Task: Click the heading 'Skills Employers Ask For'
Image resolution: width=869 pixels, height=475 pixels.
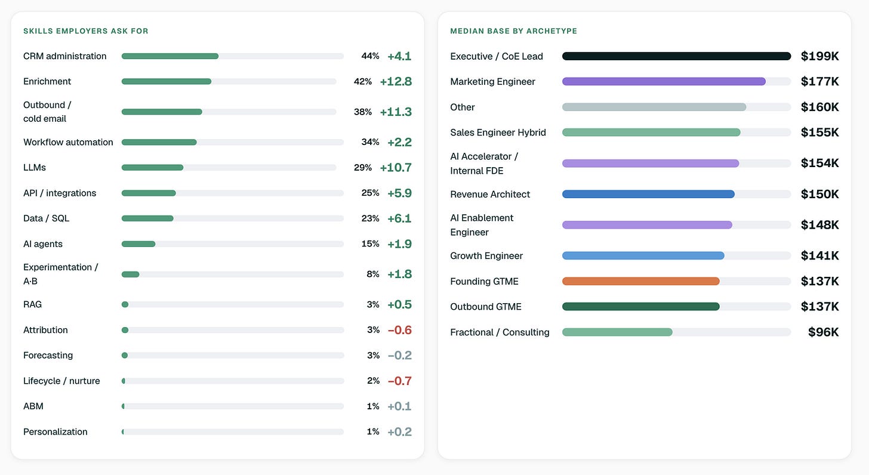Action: click(86, 31)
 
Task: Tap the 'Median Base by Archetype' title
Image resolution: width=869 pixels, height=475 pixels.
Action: click(514, 31)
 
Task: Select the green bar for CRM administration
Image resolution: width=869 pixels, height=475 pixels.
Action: click(170, 56)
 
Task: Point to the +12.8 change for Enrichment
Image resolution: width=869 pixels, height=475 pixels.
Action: click(396, 81)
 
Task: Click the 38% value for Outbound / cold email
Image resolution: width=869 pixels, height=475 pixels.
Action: click(363, 112)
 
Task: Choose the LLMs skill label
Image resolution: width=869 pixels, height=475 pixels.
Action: click(35, 168)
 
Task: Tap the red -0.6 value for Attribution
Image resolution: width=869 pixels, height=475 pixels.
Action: click(400, 330)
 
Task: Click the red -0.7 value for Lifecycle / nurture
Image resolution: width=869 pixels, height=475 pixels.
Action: click(400, 381)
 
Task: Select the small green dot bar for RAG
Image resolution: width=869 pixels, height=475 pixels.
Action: click(125, 304)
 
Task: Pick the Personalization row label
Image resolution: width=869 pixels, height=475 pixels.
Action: click(56, 431)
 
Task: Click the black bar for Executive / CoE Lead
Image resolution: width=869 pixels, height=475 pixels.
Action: click(677, 56)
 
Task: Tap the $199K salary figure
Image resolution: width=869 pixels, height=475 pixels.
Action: click(819, 56)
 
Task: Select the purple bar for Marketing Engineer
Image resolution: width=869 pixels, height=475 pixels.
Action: click(664, 81)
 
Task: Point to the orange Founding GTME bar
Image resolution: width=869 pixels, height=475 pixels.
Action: click(641, 281)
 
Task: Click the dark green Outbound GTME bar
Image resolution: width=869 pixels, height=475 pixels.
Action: click(641, 307)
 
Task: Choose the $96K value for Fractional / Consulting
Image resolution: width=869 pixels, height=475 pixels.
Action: click(823, 332)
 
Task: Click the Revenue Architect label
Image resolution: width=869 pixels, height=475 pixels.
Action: click(490, 195)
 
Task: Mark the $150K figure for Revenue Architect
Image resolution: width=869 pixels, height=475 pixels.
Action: click(819, 194)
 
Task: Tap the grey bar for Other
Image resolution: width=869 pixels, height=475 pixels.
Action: click(654, 107)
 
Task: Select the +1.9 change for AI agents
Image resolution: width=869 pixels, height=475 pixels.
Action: click(400, 244)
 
